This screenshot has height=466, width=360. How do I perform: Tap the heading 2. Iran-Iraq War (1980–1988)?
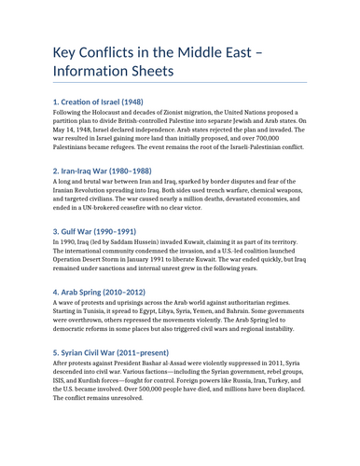pyautogui.click(x=102, y=171)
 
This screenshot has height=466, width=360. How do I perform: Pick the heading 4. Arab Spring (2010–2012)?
pyautogui.click(x=97, y=292)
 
